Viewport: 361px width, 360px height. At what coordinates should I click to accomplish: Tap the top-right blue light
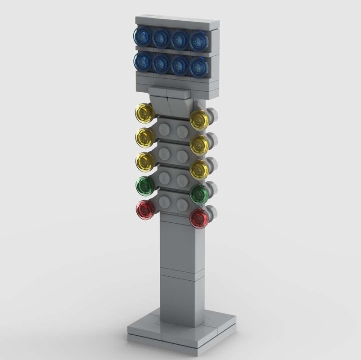pos(199,42)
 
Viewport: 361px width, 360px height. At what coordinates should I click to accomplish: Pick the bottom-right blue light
pos(199,67)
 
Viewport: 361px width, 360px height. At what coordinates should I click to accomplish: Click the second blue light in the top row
pos(161,38)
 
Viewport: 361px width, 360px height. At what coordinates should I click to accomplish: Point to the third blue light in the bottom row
pos(180,65)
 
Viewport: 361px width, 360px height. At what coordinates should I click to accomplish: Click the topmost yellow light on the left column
pos(145,112)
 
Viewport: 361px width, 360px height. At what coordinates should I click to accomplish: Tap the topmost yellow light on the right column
pos(199,120)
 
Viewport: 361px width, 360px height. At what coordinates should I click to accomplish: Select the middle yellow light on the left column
pos(145,137)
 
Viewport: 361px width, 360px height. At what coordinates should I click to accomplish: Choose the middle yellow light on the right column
pos(199,144)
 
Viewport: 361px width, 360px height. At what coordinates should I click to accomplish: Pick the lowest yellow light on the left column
pos(145,162)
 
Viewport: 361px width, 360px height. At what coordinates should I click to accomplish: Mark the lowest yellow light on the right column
pos(199,169)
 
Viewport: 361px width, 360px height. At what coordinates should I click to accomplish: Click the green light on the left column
pos(145,185)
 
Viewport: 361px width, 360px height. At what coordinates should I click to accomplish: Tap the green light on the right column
pos(199,194)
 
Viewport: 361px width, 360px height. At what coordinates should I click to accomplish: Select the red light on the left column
pos(145,210)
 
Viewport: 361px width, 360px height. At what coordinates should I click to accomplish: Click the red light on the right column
pos(199,218)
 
